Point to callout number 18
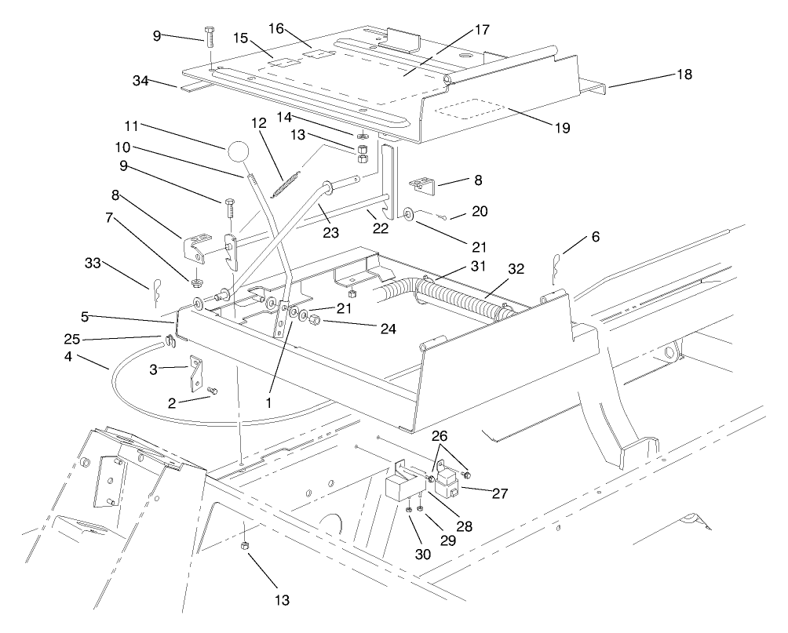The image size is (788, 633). click(x=684, y=75)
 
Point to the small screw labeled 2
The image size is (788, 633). click(x=211, y=390)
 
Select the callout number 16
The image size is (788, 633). click(x=276, y=29)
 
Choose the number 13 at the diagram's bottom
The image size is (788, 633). click(x=282, y=601)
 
